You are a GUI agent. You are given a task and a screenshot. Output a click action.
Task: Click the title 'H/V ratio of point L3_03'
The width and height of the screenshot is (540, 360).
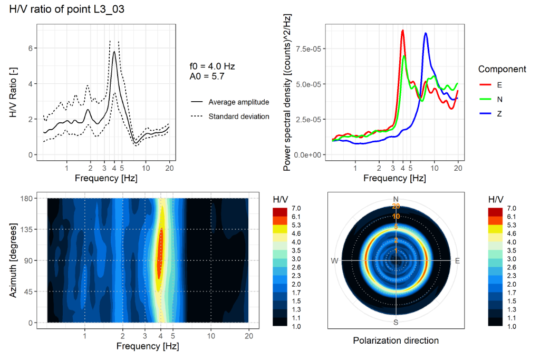(x=67, y=9)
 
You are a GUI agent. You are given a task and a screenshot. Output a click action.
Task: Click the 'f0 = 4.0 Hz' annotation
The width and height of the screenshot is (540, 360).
(x=212, y=66)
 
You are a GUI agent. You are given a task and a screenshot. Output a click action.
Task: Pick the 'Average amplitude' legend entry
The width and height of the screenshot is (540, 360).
(x=238, y=102)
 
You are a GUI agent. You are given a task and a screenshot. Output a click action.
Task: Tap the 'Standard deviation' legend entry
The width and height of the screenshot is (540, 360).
(x=238, y=116)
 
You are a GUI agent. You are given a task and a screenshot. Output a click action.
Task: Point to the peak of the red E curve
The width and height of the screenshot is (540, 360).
(x=402, y=31)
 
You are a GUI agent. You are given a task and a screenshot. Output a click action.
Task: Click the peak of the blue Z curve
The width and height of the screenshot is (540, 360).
(x=426, y=33)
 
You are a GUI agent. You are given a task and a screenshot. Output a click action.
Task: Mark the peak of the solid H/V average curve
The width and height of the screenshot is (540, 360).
(x=114, y=52)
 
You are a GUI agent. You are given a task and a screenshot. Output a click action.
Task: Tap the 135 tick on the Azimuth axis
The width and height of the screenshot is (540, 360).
(x=26, y=229)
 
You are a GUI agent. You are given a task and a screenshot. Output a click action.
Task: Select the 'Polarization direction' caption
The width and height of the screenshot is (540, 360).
(x=396, y=340)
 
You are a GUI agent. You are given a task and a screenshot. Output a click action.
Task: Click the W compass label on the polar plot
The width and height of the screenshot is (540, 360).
(x=334, y=261)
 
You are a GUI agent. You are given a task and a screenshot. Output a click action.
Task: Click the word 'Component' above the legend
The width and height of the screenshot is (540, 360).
(x=502, y=69)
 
